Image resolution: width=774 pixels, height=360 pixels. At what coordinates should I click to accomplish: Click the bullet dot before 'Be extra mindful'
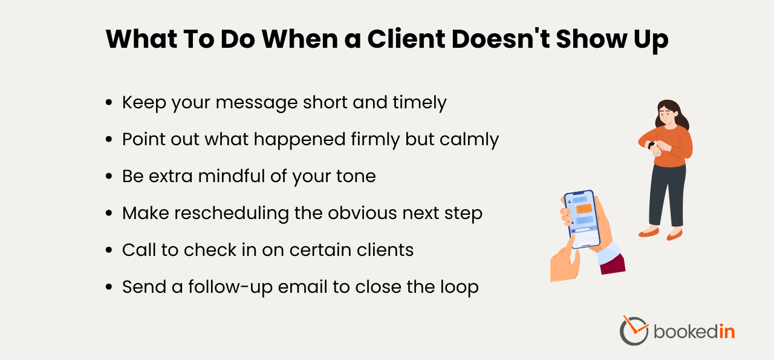pyautogui.click(x=109, y=177)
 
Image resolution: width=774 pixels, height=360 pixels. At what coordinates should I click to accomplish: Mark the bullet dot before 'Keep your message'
pyautogui.click(x=109, y=103)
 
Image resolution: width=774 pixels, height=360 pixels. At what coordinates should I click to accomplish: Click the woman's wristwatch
pyautogui.click(x=651, y=145)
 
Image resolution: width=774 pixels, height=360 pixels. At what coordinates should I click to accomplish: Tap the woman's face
pyautogui.click(x=666, y=114)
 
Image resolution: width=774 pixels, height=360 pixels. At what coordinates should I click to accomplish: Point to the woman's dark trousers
pyautogui.click(x=666, y=194)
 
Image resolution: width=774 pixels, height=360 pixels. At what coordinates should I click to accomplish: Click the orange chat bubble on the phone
pyautogui.click(x=584, y=208)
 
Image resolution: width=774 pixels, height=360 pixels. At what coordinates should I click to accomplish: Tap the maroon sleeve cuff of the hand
pyautogui.click(x=613, y=265)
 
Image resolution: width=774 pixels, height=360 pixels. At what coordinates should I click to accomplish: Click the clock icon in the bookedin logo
pyautogui.click(x=633, y=331)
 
